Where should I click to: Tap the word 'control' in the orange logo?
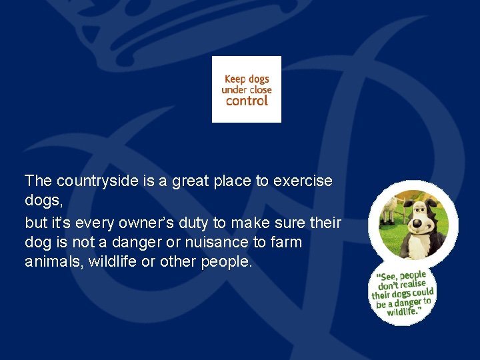[x=247, y=101]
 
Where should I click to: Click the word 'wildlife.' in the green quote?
[x=404, y=311]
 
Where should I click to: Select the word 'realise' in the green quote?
[x=411, y=285]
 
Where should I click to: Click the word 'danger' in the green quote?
[x=408, y=303]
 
